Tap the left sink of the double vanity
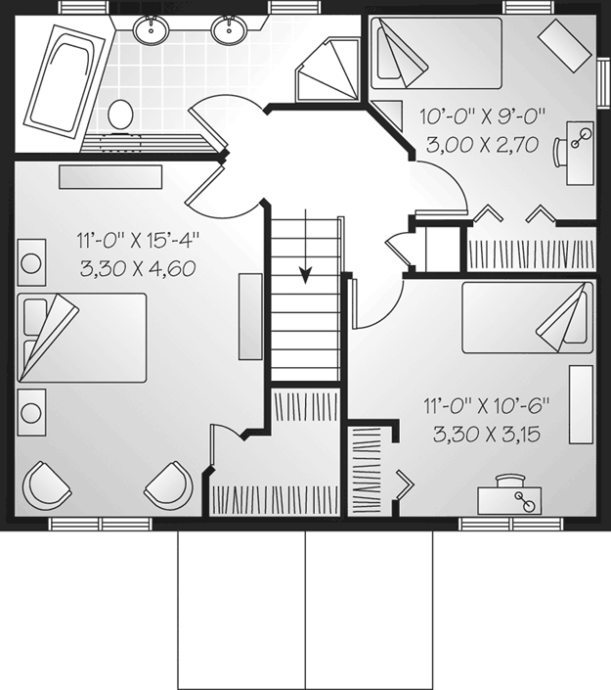(x=151, y=29)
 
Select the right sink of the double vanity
(x=229, y=29)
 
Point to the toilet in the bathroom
(x=120, y=115)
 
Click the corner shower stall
(x=329, y=69)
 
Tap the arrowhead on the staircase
(x=305, y=275)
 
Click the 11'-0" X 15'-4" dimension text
(x=139, y=241)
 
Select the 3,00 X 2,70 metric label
(x=483, y=144)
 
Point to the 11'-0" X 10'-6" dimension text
(x=487, y=406)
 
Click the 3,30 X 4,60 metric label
(x=138, y=269)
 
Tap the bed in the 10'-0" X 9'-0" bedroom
(x=436, y=53)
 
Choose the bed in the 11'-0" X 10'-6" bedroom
(x=527, y=317)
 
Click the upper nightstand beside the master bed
(x=31, y=262)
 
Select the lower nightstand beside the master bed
(x=31, y=412)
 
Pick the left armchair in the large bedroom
(x=47, y=484)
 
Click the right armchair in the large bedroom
(x=169, y=484)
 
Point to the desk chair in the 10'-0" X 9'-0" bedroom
(x=558, y=153)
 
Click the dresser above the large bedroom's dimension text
(x=110, y=177)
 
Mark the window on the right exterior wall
(x=604, y=82)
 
